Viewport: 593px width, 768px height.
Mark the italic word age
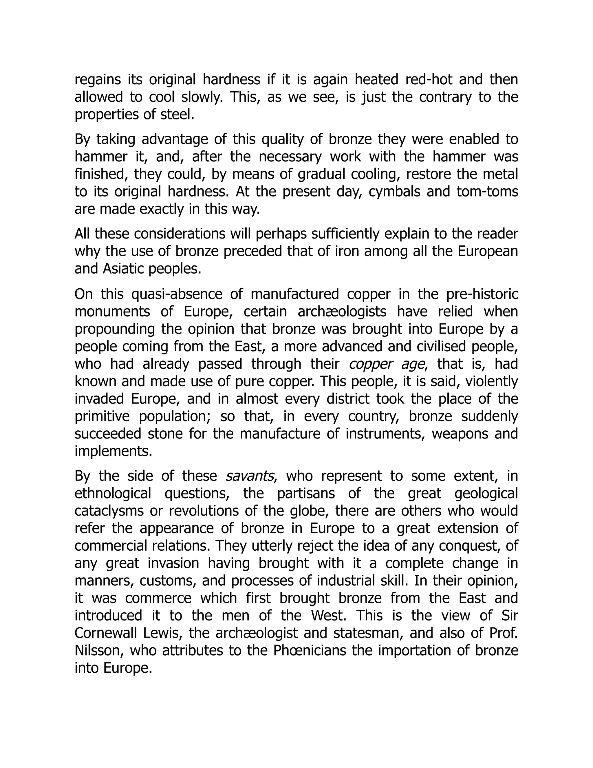tap(412, 364)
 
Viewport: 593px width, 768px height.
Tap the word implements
tap(113, 451)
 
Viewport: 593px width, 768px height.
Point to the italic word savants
tap(249, 476)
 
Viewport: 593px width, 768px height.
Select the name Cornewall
tap(105, 633)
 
